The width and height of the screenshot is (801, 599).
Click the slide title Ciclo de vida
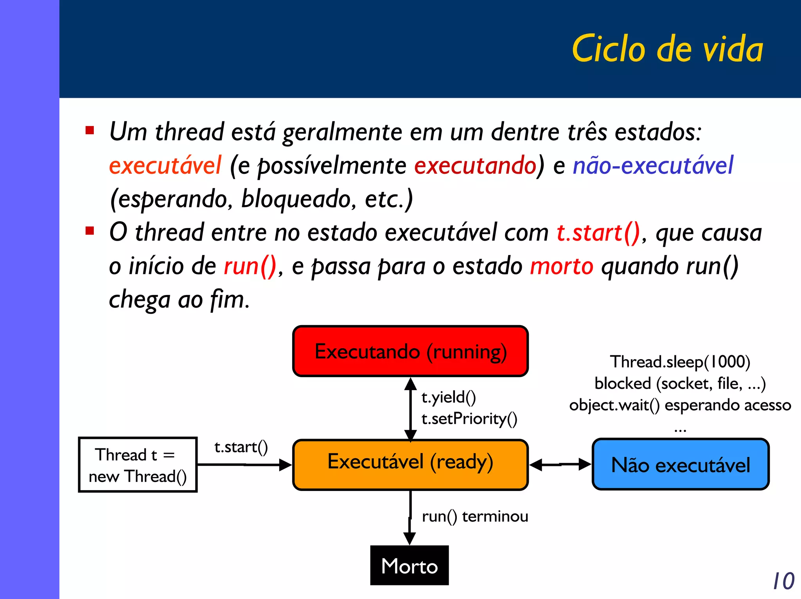[667, 49]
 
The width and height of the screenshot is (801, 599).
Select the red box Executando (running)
[410, 351]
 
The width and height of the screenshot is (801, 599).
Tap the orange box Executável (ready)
[410, 464]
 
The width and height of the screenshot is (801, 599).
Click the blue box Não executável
[680, 464]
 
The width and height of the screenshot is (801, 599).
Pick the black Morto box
[409, 565]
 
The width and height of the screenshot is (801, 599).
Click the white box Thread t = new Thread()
[138, 465]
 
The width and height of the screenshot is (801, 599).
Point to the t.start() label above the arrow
[241, 447]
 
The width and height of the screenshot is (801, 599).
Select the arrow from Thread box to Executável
[244, 465]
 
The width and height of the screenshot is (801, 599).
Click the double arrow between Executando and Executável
[410, 409]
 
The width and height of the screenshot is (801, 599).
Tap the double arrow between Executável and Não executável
[560, 464]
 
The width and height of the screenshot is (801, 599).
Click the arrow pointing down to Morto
[409, 518]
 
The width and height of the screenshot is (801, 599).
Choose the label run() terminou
[475, 516]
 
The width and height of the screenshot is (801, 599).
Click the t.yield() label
[449, 397]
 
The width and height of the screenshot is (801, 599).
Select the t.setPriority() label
[469, 419]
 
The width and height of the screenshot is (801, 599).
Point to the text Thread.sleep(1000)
[680, 362]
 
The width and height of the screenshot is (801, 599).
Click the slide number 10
[783, 581]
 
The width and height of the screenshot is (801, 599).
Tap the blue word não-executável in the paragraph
[653, 165]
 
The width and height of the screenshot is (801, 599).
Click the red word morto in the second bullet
[562, 266]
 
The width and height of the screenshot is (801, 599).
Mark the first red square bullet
[90, 130]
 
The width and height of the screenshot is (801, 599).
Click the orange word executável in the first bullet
[165, 165]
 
